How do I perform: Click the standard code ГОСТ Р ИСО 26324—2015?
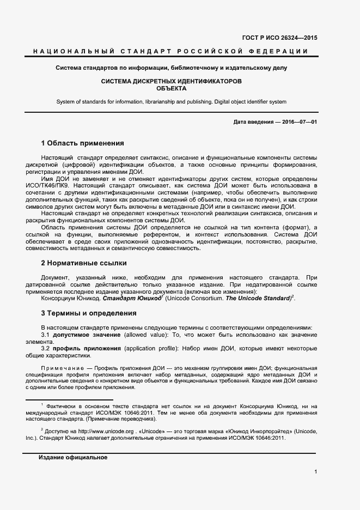pos(279,38)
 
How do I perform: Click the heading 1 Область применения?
pos(83,143)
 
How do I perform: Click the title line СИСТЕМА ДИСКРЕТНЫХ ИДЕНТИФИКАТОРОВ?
pos(172,81)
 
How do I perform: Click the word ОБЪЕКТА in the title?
pos(172,88)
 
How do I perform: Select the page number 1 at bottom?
pos(315,472)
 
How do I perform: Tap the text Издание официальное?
pos(73,458)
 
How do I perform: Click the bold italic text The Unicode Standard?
pos(258,298)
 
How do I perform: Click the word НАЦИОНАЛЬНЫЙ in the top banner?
pos(72,52)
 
